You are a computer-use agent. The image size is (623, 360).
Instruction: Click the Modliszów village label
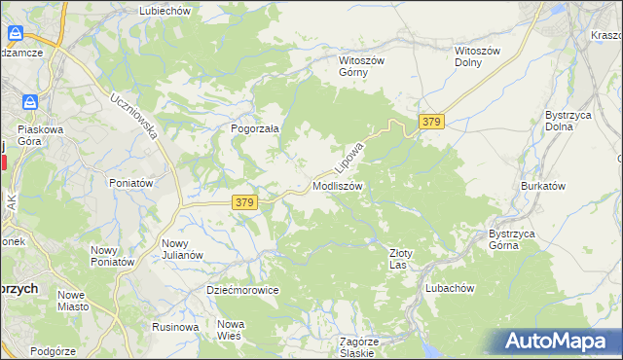338,186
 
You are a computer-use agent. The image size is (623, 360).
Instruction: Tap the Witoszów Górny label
361,66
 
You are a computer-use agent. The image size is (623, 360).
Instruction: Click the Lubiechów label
166,11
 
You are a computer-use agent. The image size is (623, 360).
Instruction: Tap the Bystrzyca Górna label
518,239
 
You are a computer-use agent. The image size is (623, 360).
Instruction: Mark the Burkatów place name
543,185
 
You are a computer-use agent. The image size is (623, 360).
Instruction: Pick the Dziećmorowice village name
242,290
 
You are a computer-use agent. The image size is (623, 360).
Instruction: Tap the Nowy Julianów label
182,249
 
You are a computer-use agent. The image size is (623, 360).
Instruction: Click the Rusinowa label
175,327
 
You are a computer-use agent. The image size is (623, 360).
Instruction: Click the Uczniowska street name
134,117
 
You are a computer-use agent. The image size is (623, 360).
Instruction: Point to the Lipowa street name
348,157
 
